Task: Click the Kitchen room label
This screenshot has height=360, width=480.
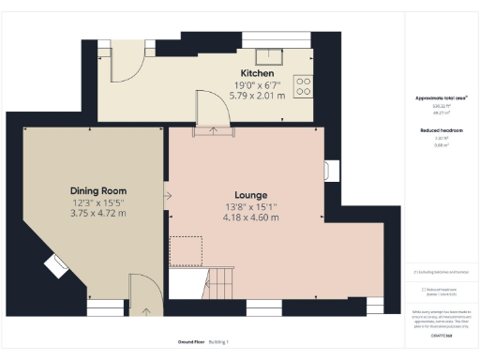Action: [x=257, y=73]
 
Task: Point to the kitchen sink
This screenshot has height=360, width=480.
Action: [x=273, y=55]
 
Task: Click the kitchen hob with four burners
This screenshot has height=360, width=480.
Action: [x=305, y=86]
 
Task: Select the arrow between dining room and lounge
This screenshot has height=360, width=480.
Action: [x=167, y=196]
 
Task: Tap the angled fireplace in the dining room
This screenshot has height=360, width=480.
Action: [x=53, y=265]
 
